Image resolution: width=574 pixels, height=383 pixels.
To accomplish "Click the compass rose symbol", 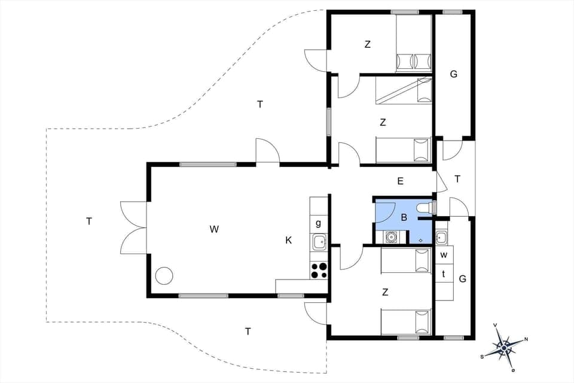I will (x=504, y=346).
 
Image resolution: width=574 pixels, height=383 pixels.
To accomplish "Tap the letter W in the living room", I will (x=214, y=228).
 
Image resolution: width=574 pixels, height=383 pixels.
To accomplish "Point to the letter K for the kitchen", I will (x=288, y=240).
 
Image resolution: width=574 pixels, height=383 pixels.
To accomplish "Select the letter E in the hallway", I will (x=400, y=180).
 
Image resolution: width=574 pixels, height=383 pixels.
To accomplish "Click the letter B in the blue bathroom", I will (x=404, y=217).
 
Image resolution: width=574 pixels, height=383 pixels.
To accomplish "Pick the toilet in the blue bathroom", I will (x=425, y=207).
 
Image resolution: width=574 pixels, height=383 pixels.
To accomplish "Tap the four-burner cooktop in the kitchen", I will (x=319, y=270).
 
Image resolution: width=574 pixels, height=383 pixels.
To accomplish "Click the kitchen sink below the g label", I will (x=319, y=242).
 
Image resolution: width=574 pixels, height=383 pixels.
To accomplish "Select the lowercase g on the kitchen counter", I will (x=319, y=223).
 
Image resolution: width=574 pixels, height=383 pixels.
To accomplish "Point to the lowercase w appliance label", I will (x=444, y=255).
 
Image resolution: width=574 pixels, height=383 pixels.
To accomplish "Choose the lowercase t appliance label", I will (x=444, y=273).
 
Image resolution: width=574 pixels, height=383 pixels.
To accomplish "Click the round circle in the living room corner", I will (x=164, y=276).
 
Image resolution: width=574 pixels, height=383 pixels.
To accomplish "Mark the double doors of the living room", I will (x=133, y=227).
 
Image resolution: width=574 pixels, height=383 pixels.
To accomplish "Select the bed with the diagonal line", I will (x=404, y=90).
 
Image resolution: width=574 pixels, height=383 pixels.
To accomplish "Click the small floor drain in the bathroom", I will (x=421, y=240).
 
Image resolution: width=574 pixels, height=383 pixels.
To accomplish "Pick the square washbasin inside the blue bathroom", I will (x=390, y=237).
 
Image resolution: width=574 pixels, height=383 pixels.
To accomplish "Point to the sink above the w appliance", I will (x=441, y=238).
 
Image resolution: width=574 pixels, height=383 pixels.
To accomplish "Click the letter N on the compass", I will (x=526, y=339).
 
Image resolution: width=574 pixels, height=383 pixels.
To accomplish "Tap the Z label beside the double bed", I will (x=367, y=44).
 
